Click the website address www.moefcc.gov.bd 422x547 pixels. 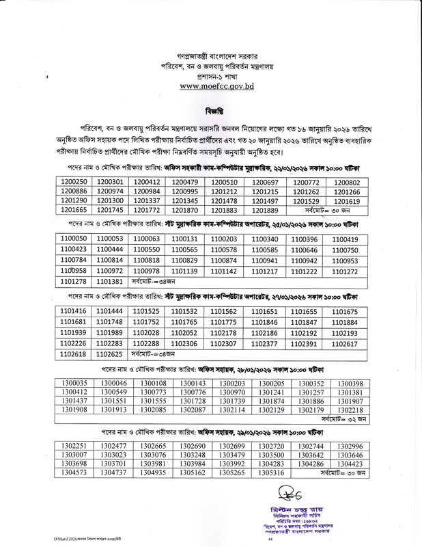(x=210, y=87)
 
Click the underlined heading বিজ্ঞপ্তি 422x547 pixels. (x=211, y=111)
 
